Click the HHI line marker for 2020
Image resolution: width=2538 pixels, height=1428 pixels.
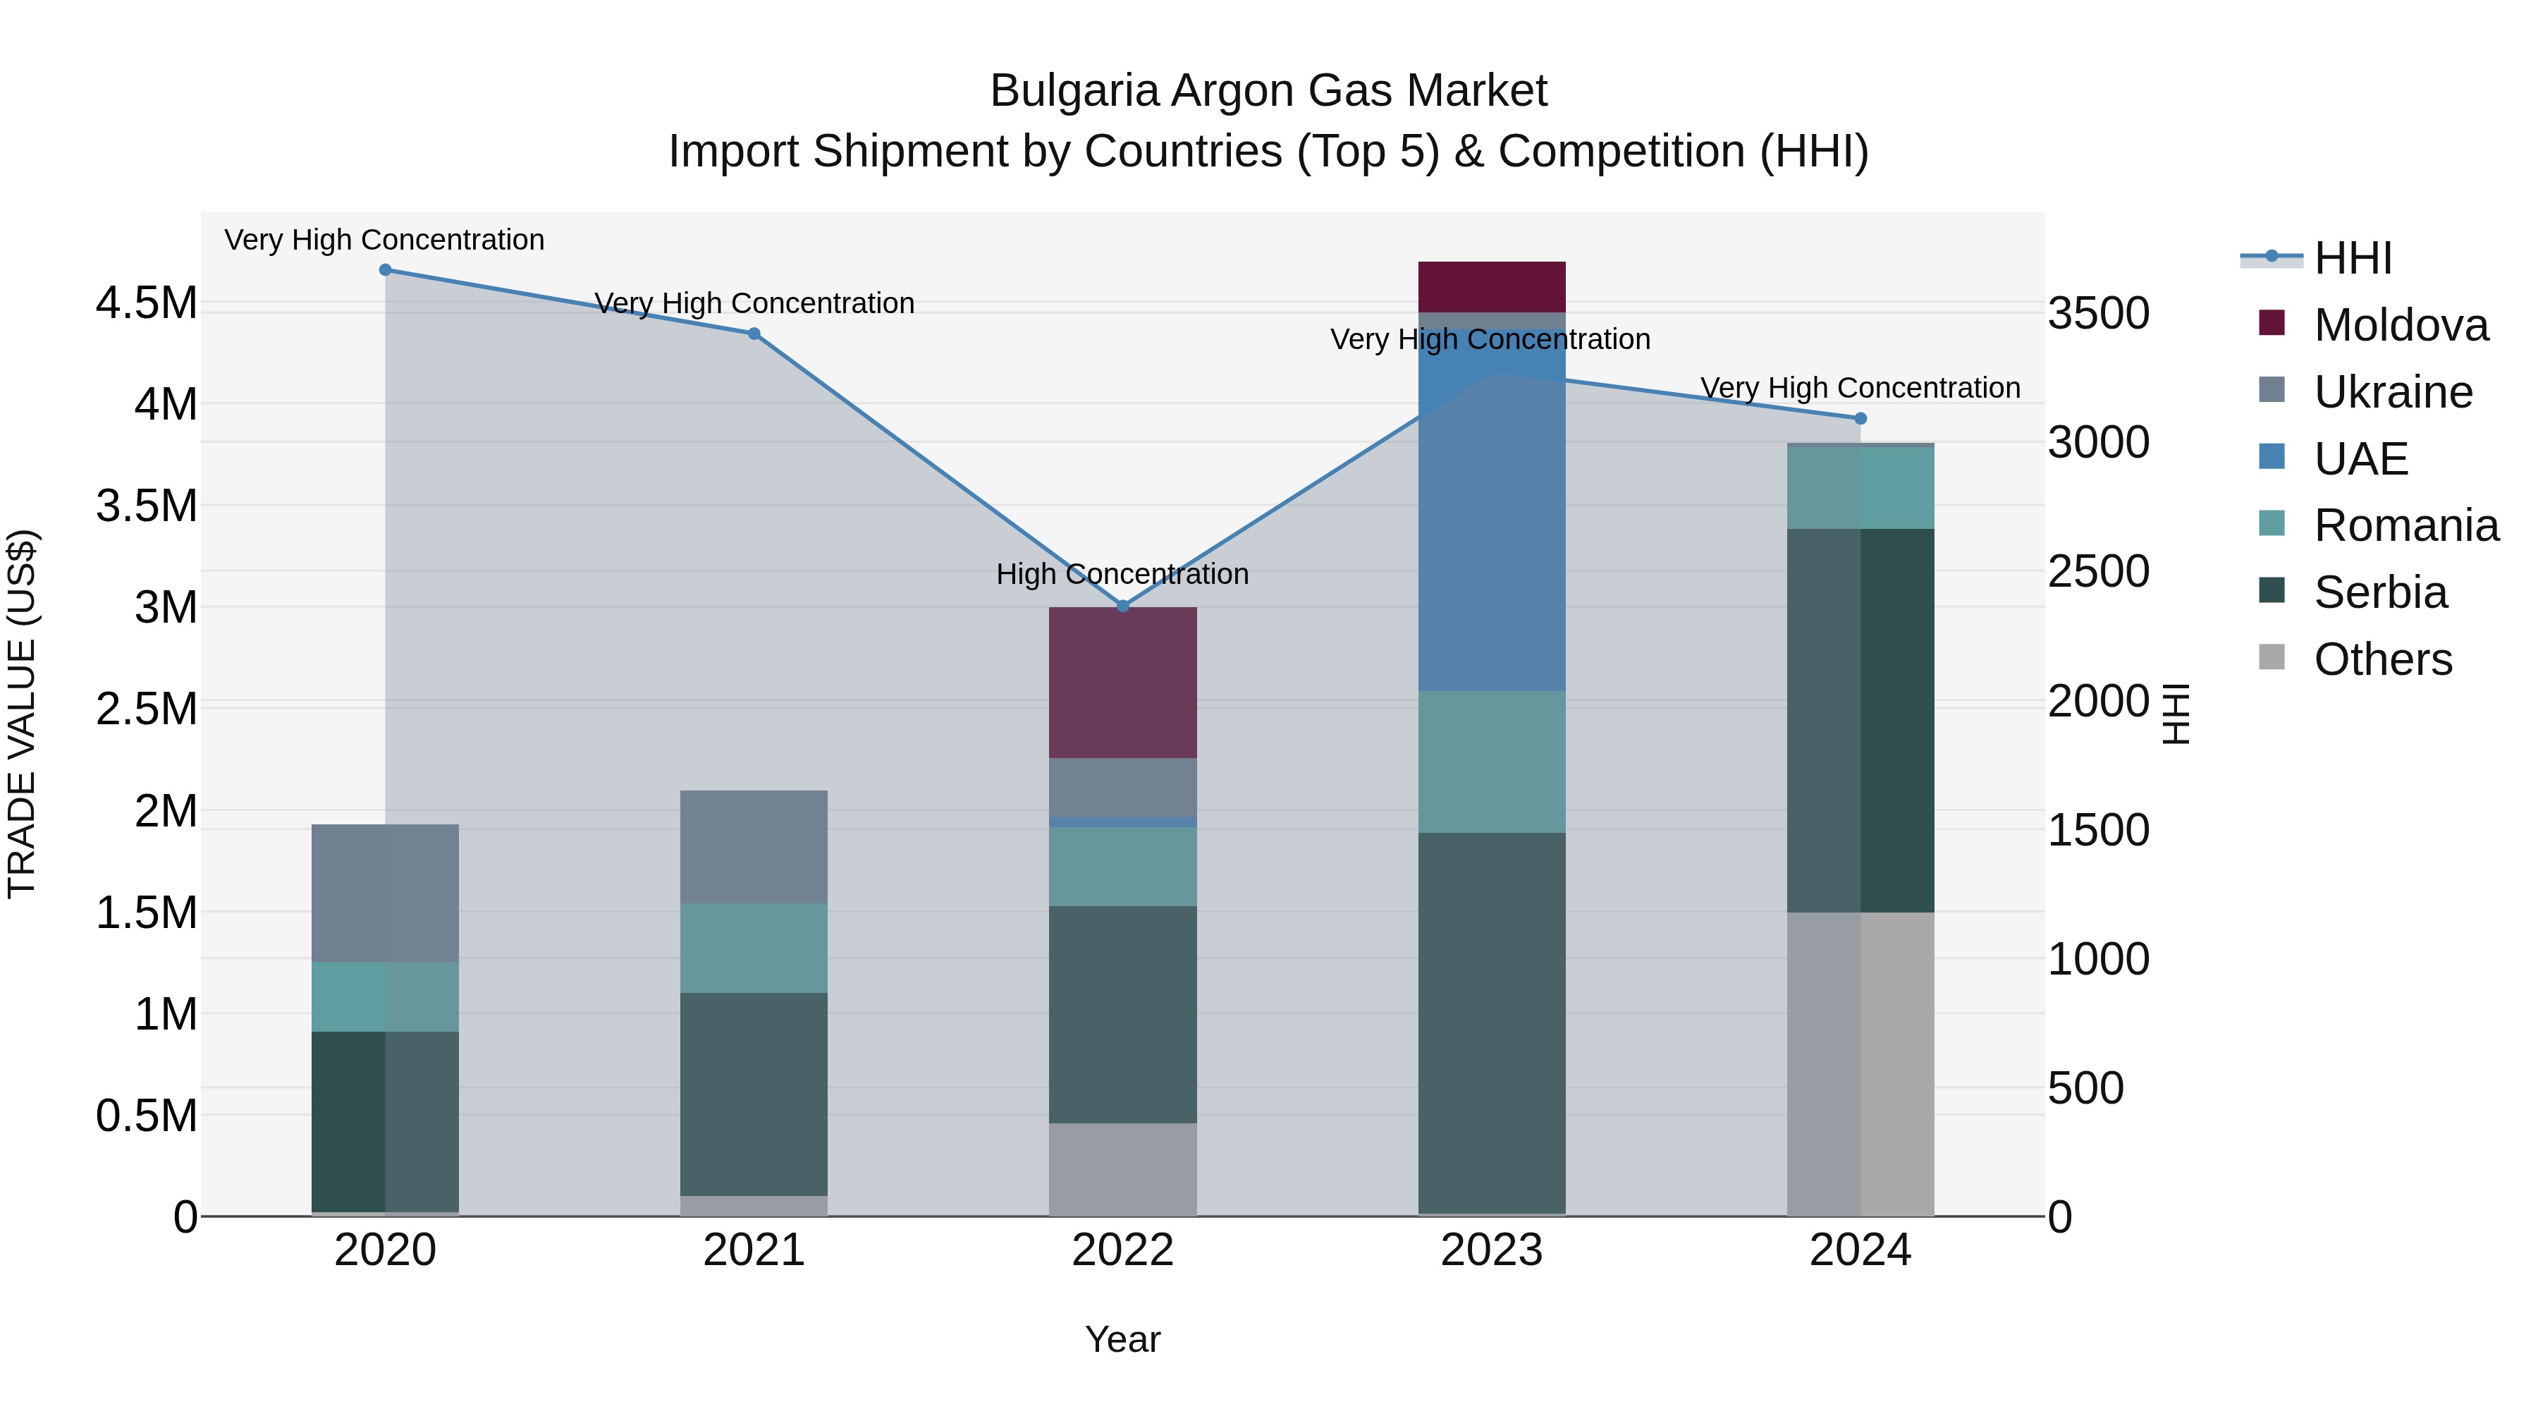coord(385,270)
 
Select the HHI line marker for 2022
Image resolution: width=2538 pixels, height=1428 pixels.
coord(1122,606)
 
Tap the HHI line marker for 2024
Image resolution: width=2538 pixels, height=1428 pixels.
coord(1860,419)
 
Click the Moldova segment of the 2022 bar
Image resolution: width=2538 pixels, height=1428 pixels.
coord(1122,682)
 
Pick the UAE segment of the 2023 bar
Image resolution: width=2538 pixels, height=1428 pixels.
coord(1492,513)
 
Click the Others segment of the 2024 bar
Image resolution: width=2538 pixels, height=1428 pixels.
coord(1860,1063)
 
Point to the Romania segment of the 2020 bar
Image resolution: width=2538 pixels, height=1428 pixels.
coord(385,996)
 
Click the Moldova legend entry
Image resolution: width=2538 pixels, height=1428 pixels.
coord(2400,325)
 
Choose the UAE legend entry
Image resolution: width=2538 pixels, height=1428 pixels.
coord(2360,459)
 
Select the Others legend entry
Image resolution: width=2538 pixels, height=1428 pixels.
coord(2382,659)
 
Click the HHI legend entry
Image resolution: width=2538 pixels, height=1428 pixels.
coord(2352,258)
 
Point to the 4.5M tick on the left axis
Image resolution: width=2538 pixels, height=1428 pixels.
coord(147,303)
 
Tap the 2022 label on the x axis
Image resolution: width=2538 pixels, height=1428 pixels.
coord(1122,1250)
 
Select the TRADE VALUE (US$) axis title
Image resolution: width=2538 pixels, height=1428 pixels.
coord(22,714)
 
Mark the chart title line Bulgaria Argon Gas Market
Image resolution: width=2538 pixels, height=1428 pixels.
coord(1268,91)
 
